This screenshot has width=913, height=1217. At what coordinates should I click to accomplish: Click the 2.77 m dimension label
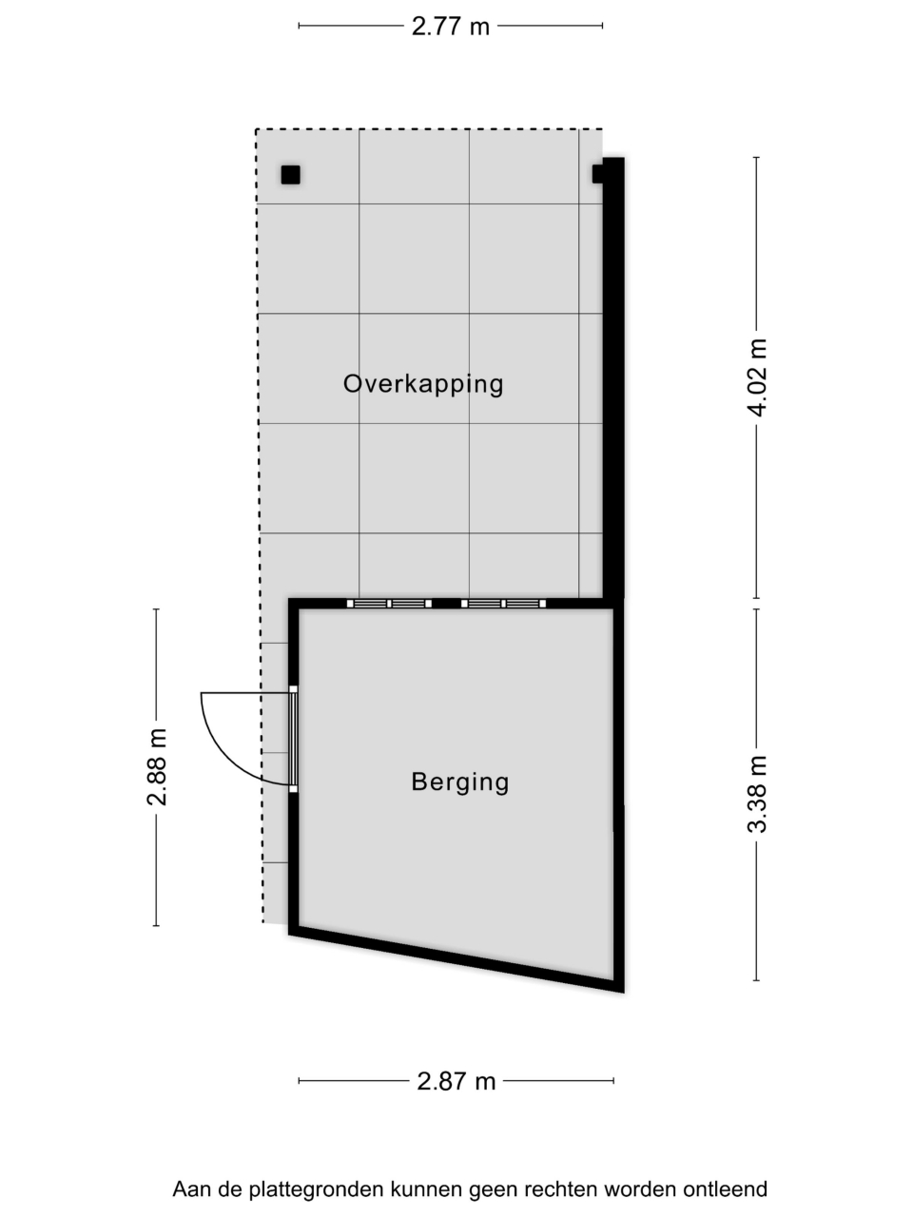pyautogui.click(x=450, y=26)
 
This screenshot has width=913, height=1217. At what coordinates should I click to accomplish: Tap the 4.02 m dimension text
pyautogui.click(x=757, y=377)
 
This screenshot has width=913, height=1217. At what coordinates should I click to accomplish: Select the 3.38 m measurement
pyautogui.click(x=757, y=794)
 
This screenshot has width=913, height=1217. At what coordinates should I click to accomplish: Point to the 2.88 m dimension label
pyautogui.click(x=157, y=766)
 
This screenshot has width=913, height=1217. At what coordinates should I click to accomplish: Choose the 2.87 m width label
pyautogui.click(x=456, y=1081)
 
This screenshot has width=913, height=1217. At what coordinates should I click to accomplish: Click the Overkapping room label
pyautogui.click(x=423, y=385)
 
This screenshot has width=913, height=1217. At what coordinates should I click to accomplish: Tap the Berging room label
pyautogui.click(x=460, y=782)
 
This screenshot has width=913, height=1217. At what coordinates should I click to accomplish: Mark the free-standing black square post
pyautogui.click(x=290, y=175)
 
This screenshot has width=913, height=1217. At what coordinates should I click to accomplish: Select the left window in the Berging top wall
pyautogui.click(x=389, y=603)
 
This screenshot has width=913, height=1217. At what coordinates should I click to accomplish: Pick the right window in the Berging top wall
pyautogui.click(x=504, y=603)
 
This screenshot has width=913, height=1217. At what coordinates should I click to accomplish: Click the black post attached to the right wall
pyautogui.click(x=597, y=174)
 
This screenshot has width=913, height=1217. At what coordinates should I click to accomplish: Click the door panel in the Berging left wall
pyautogui.click(x=293, y=739)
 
